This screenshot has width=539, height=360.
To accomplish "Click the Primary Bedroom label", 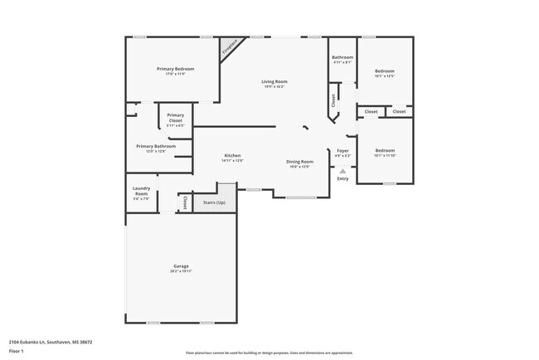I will (175, 68).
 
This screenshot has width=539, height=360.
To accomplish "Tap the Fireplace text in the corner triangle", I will (230, 48).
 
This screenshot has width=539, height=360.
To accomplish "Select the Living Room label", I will (274, 81).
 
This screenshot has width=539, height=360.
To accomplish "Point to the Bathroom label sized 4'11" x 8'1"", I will (342, 57).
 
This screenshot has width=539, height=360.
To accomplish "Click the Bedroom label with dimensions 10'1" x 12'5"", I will (384, 71).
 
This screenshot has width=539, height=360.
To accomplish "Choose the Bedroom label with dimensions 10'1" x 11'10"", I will (384, 150).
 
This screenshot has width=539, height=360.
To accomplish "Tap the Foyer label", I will (342, 150).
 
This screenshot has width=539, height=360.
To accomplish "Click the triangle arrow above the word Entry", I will (342, 171).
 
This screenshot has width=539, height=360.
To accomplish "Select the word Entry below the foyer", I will (342, 178).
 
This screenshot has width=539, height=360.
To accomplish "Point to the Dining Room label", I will (299, 161).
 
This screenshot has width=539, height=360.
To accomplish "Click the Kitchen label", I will (232, 156).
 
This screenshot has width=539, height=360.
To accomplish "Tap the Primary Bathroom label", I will (156, 146).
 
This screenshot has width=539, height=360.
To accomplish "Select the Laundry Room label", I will (142, 191).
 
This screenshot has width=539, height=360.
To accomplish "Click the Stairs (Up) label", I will (214, 202).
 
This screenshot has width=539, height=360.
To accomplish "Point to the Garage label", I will (182, 266).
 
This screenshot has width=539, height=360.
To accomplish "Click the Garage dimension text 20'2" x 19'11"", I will (182, 271).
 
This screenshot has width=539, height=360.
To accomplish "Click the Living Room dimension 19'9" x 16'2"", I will (274, 86).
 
